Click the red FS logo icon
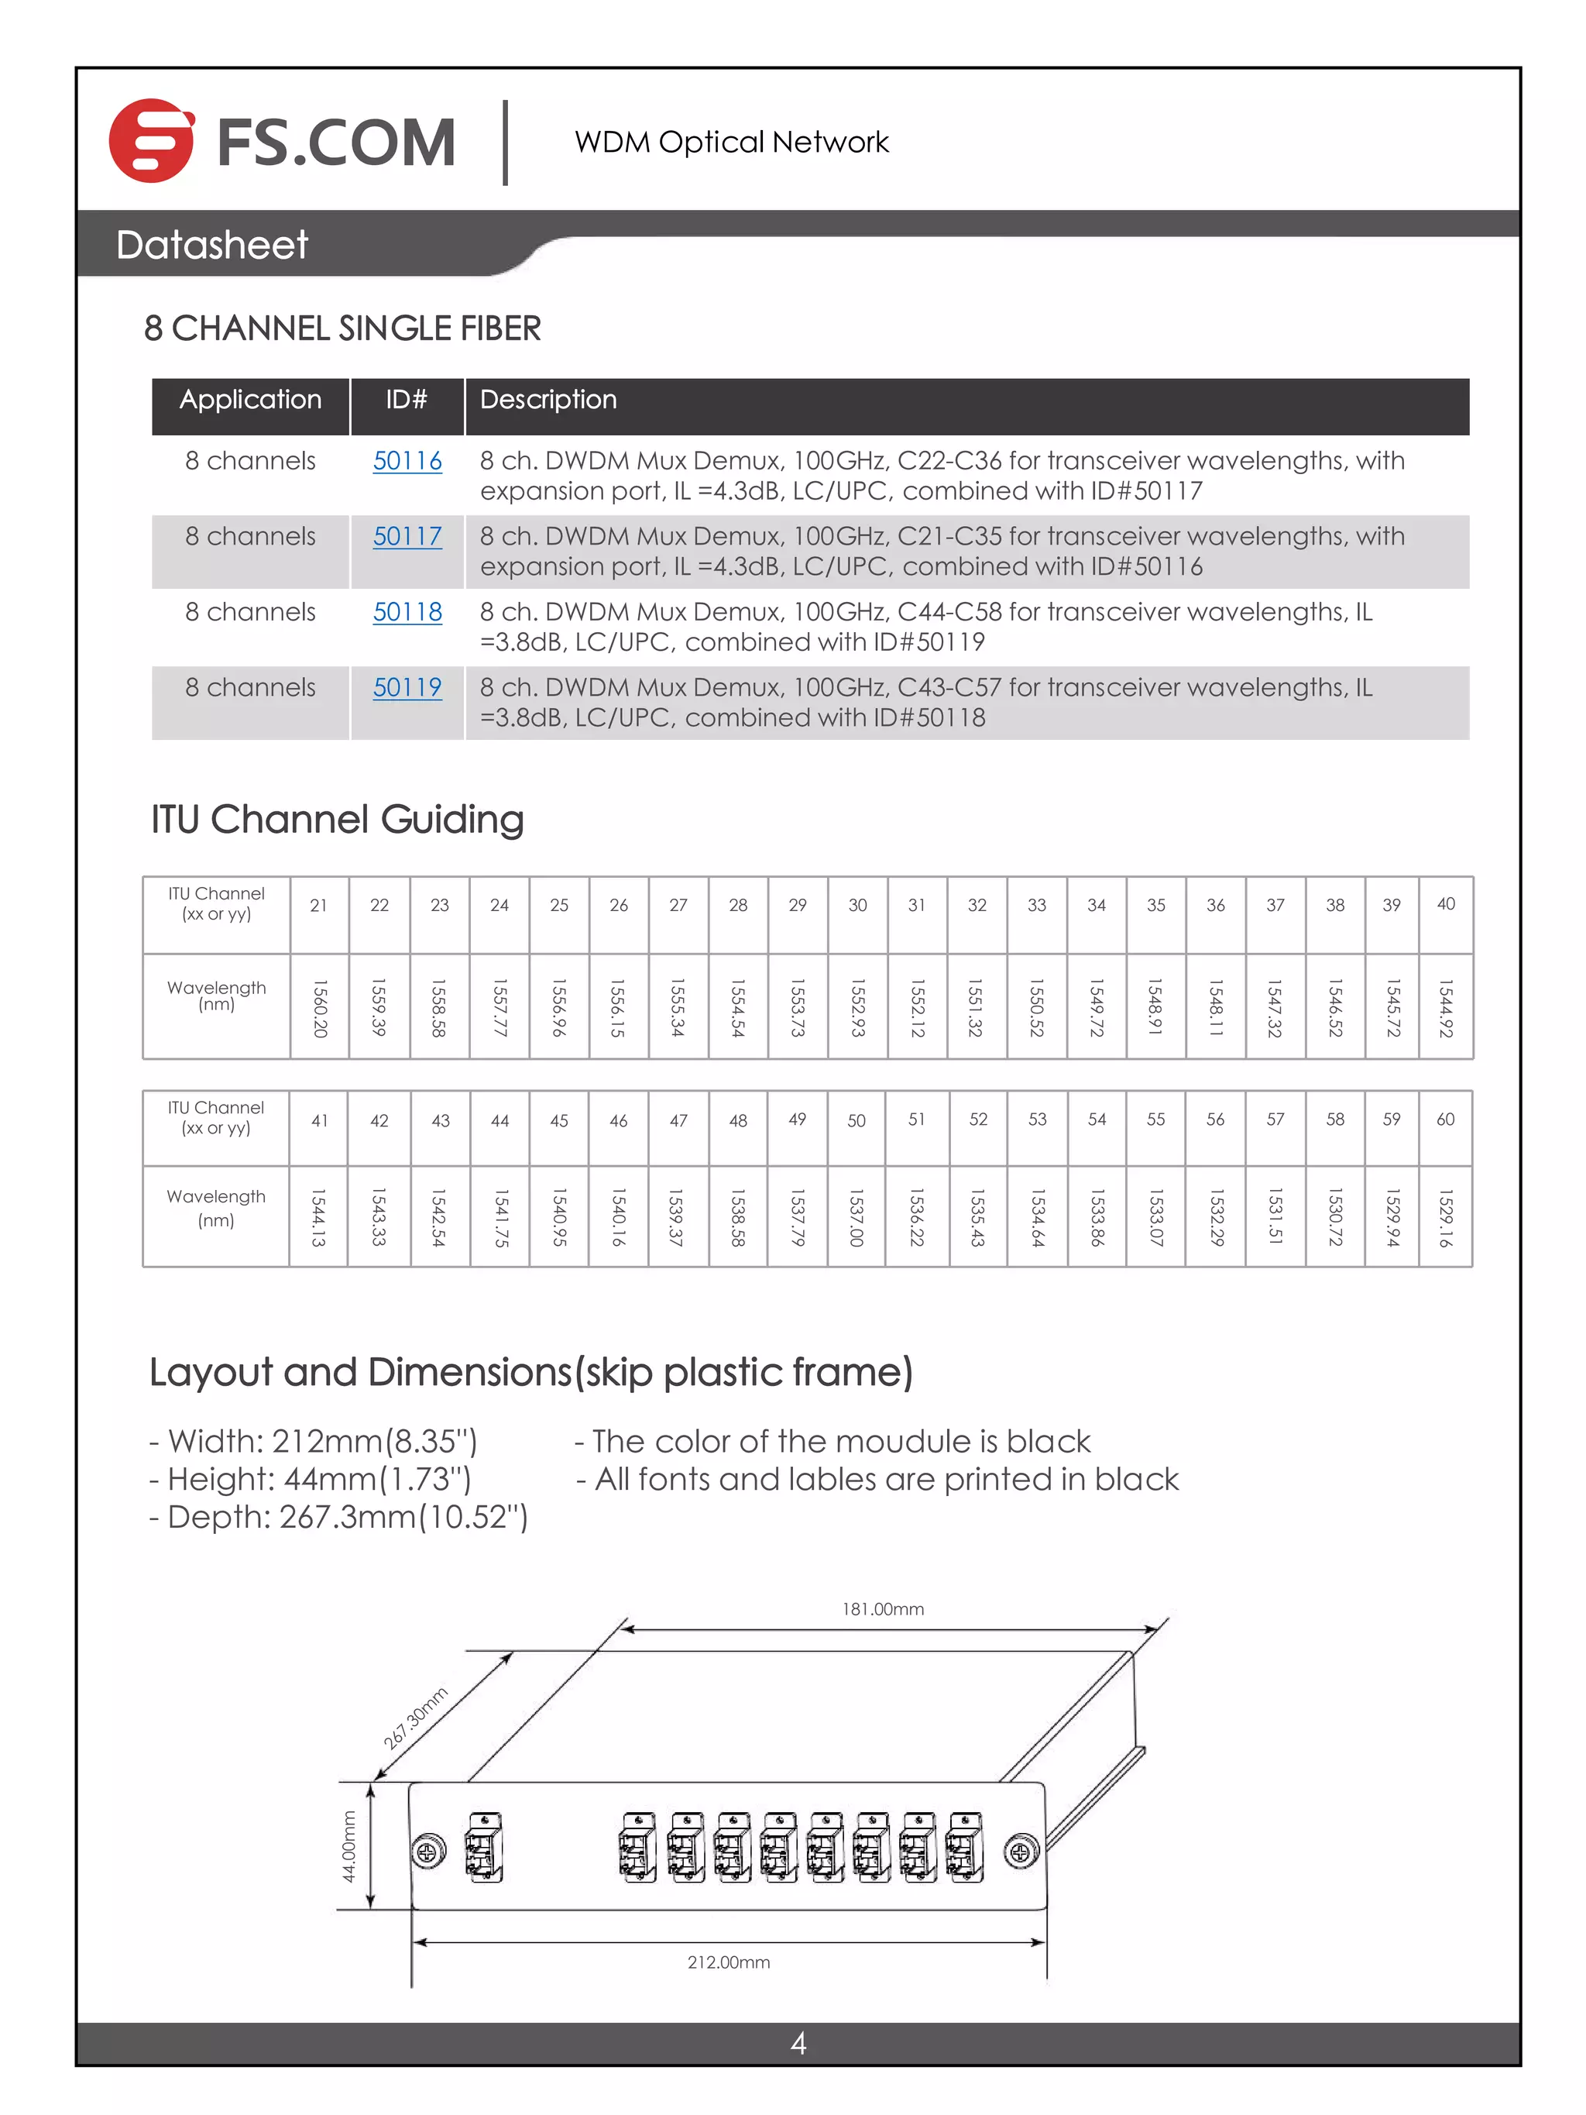[x=151, y=140]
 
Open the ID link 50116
[x=407, y=461]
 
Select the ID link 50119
[x=407, y=687]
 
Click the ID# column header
[x=407, y=400]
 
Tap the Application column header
[x=249, y=400]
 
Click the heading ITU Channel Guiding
[x=337, y=820]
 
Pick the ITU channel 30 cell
[x=857, y=906]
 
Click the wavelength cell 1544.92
[x=1446, y=1007]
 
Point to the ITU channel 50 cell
[x=856, y=1120]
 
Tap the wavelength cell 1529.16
[x=1446, y=1217]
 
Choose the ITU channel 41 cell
[x=319, y=1120]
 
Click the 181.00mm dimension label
[x=881, y=1609]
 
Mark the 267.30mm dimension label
[x=415, y=1718]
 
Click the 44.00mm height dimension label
[x=349, y=1845]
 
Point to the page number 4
[x=798, y=2043]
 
